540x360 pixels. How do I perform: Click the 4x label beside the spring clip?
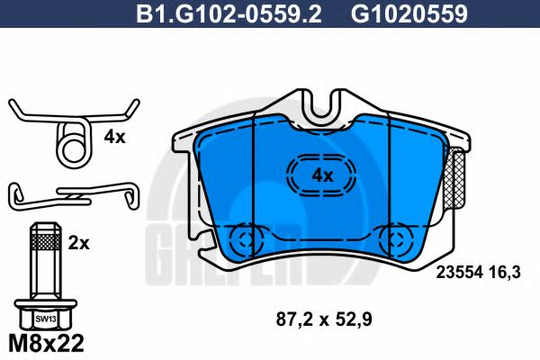[x=114, y=138]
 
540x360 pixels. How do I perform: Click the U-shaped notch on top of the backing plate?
[x=321, y=109]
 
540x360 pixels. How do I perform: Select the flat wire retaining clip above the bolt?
[x=72, y=193]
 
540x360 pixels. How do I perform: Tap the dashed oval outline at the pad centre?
[x=321, y=174]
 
